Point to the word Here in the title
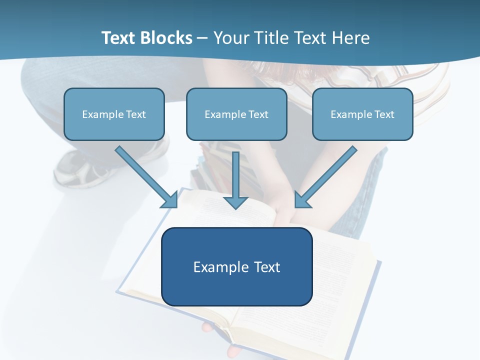pyautogui.click(x=350, y=38)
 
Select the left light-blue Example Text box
pyautogui.click(x=114, y=114)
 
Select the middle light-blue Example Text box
pyautogui.click(x=236, y=114)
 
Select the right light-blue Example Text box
pyautogui.click(x=362, y=114)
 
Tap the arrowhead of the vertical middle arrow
pyautogui.click(x=235, y=202)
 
